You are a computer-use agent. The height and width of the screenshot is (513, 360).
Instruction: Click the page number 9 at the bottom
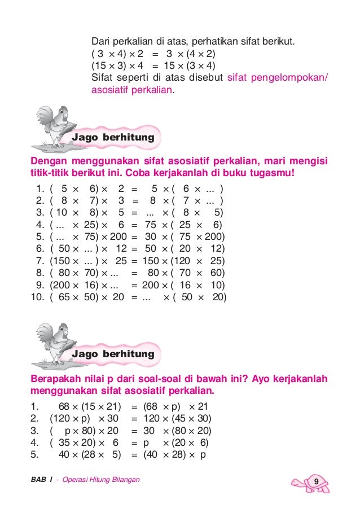click(x=317, y=481)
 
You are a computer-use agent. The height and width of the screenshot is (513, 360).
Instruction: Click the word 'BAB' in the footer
click(x=38, y=480)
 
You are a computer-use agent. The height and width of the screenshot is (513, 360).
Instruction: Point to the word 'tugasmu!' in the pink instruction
click(x=273, y=173)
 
